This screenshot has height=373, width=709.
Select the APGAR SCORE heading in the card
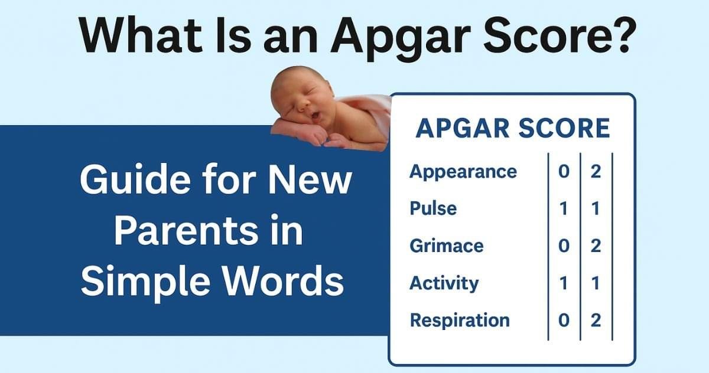point(512,129)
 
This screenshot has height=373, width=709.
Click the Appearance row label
point(463,172)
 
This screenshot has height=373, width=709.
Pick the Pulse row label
point(433,208)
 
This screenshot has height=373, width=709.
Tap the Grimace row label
point(447,246)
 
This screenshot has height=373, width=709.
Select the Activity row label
point(444,283)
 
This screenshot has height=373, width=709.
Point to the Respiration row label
point(460,320)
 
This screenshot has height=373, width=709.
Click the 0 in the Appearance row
point(564,172)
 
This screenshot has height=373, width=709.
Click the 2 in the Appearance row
point(596,172)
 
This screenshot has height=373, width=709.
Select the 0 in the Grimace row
point(564,246)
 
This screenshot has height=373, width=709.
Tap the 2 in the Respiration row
point(596,320)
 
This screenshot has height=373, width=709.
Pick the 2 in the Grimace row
point(596,246)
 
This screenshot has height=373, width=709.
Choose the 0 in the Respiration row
point(564,320)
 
